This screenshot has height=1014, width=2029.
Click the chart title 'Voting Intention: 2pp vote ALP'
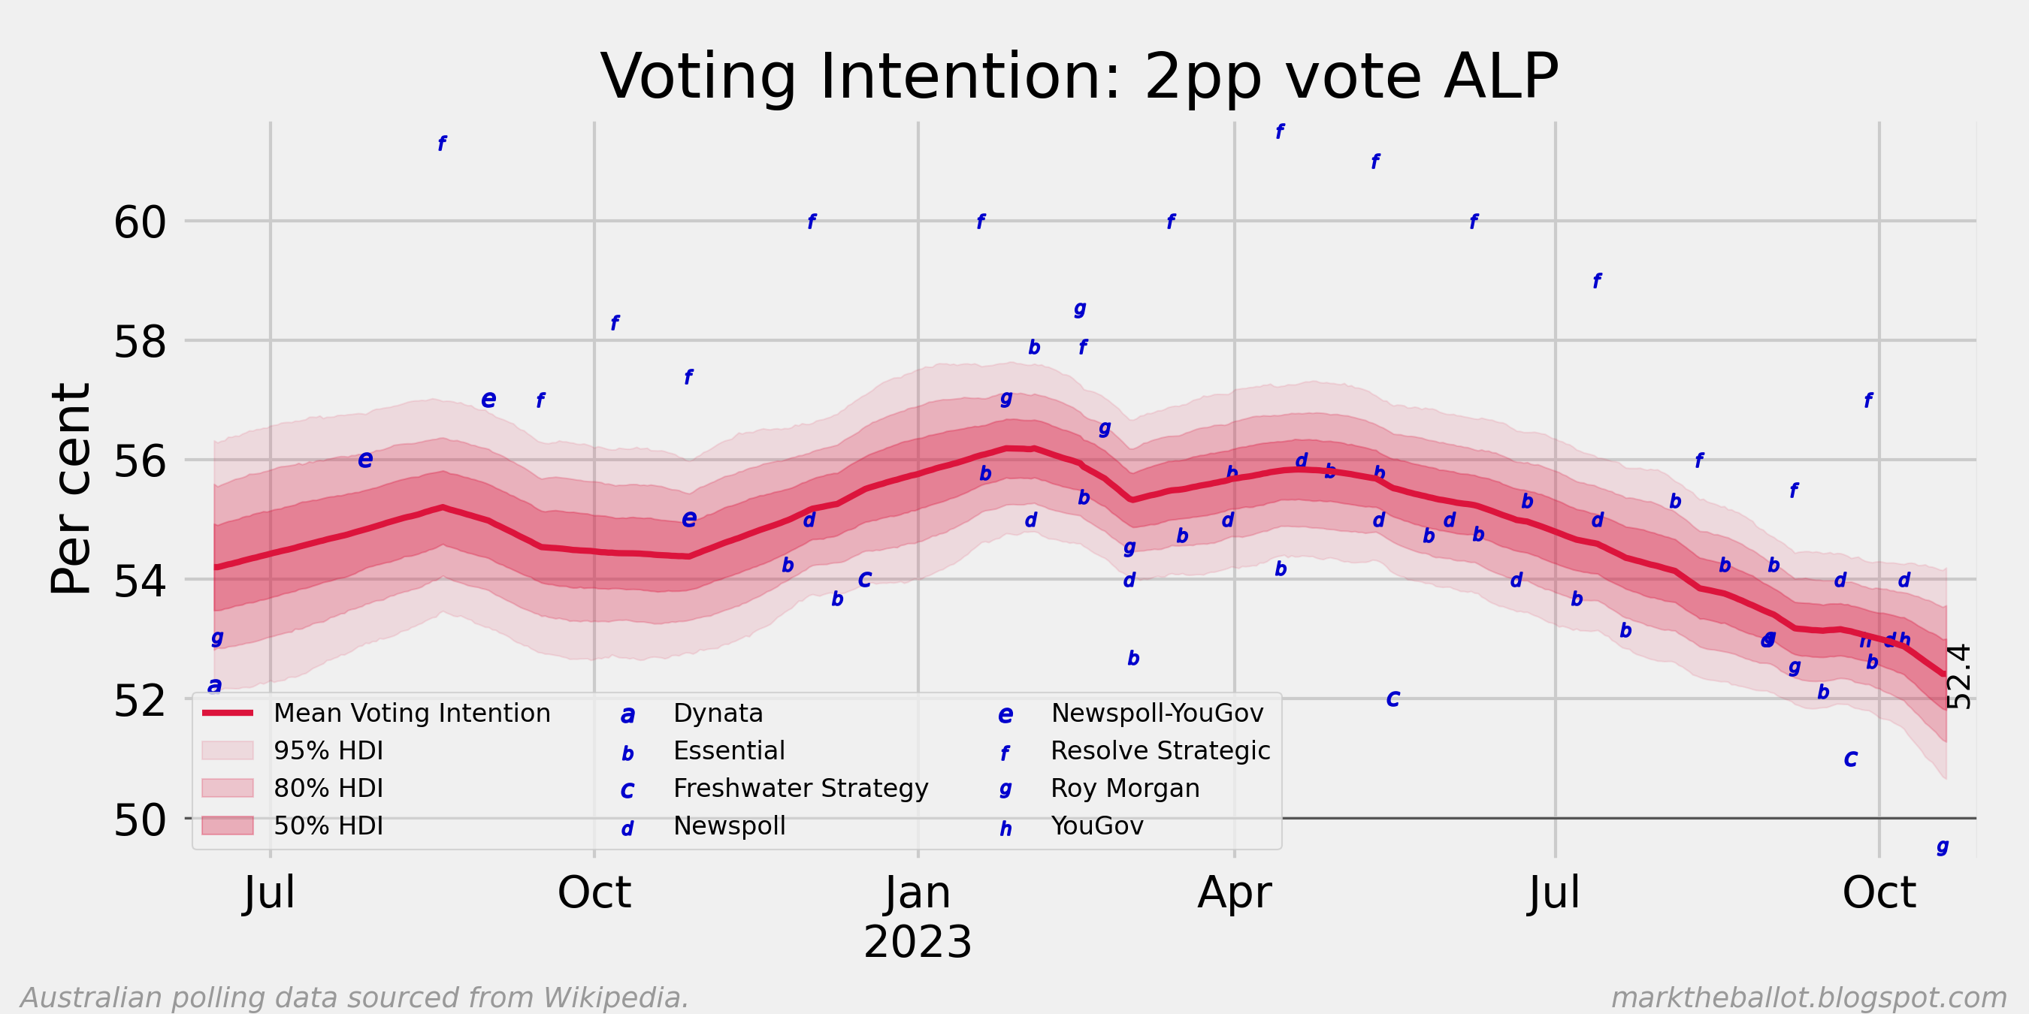(x=1079, y=77)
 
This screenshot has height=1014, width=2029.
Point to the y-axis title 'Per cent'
(x=71, y=488)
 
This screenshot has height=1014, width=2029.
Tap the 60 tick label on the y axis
(x=141, y=223)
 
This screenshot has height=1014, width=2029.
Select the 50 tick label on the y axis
(x=141, y=820)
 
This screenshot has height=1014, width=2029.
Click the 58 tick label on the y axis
(x=141, y=343)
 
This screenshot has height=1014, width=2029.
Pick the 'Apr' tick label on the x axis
(x=1234, y=893)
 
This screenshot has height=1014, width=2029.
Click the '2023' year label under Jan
(x=918, y=943)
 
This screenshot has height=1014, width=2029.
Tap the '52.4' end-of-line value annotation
(x=1959, y=676)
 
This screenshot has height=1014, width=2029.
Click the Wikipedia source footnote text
(x=355, y=997)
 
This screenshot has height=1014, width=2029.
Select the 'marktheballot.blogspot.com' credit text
(x=1809, y=997)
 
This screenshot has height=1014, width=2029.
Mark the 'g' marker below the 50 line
(x=1943, y=847)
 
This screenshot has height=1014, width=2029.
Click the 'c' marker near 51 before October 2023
(x=1851, y=759)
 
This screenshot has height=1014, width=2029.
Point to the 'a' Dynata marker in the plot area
(x=214, y=685)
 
